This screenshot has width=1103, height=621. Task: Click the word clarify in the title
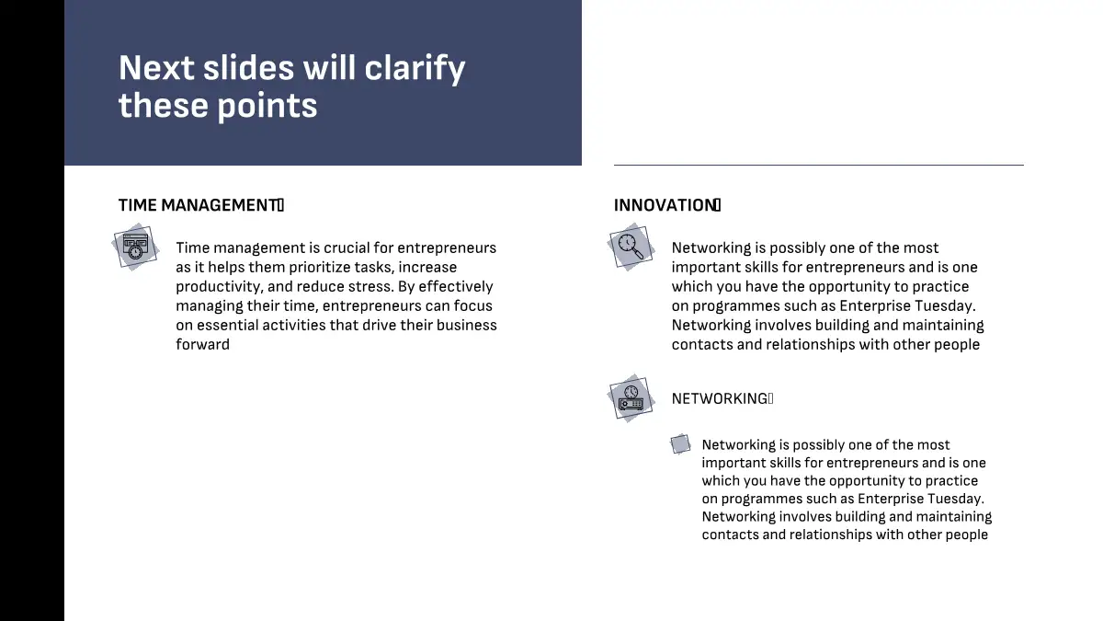[415, 69]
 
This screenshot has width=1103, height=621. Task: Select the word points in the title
[267, 107]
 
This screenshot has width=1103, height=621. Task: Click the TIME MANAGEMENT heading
[201, 205]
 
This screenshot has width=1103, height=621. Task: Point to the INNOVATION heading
[667, 205]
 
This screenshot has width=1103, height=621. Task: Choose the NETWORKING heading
[722, 398]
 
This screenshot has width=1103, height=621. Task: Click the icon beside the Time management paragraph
[135, 247]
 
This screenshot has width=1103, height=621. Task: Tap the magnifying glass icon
[631, 247]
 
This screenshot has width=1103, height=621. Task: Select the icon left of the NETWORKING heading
[631, 398]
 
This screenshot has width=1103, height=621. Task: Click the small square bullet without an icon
[680, 444]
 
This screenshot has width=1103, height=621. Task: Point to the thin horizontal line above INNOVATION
[818, 165]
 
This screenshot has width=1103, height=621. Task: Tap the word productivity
[218, 287]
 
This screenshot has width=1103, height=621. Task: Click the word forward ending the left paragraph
[202, 344]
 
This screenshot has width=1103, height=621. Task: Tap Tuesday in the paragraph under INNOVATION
[945, 306]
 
